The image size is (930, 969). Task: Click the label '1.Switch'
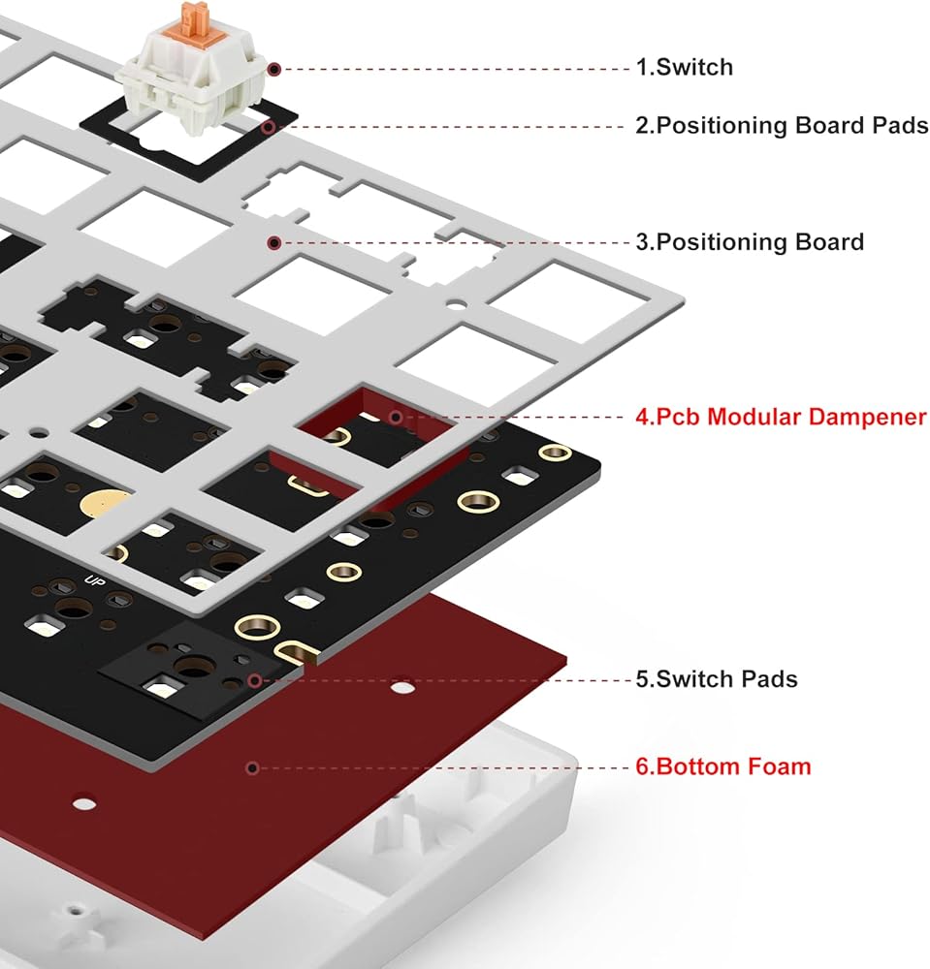[684, 68]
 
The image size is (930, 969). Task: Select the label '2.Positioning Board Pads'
[782, 126]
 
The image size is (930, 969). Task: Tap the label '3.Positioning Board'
[749, 241]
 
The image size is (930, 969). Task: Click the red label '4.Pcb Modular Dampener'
[781, 417]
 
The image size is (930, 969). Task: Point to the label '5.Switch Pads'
[717, 678]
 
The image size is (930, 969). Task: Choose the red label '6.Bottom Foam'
[723, 766]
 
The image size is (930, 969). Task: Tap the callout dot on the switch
[274, 69]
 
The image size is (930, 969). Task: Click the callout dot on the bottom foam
[252, 767]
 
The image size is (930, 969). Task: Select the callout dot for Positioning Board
[274, 242]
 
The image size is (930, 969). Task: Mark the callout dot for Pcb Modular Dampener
[396, 418]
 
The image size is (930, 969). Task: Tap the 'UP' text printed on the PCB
[96, 582]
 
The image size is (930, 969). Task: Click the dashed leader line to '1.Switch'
[456, 69]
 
